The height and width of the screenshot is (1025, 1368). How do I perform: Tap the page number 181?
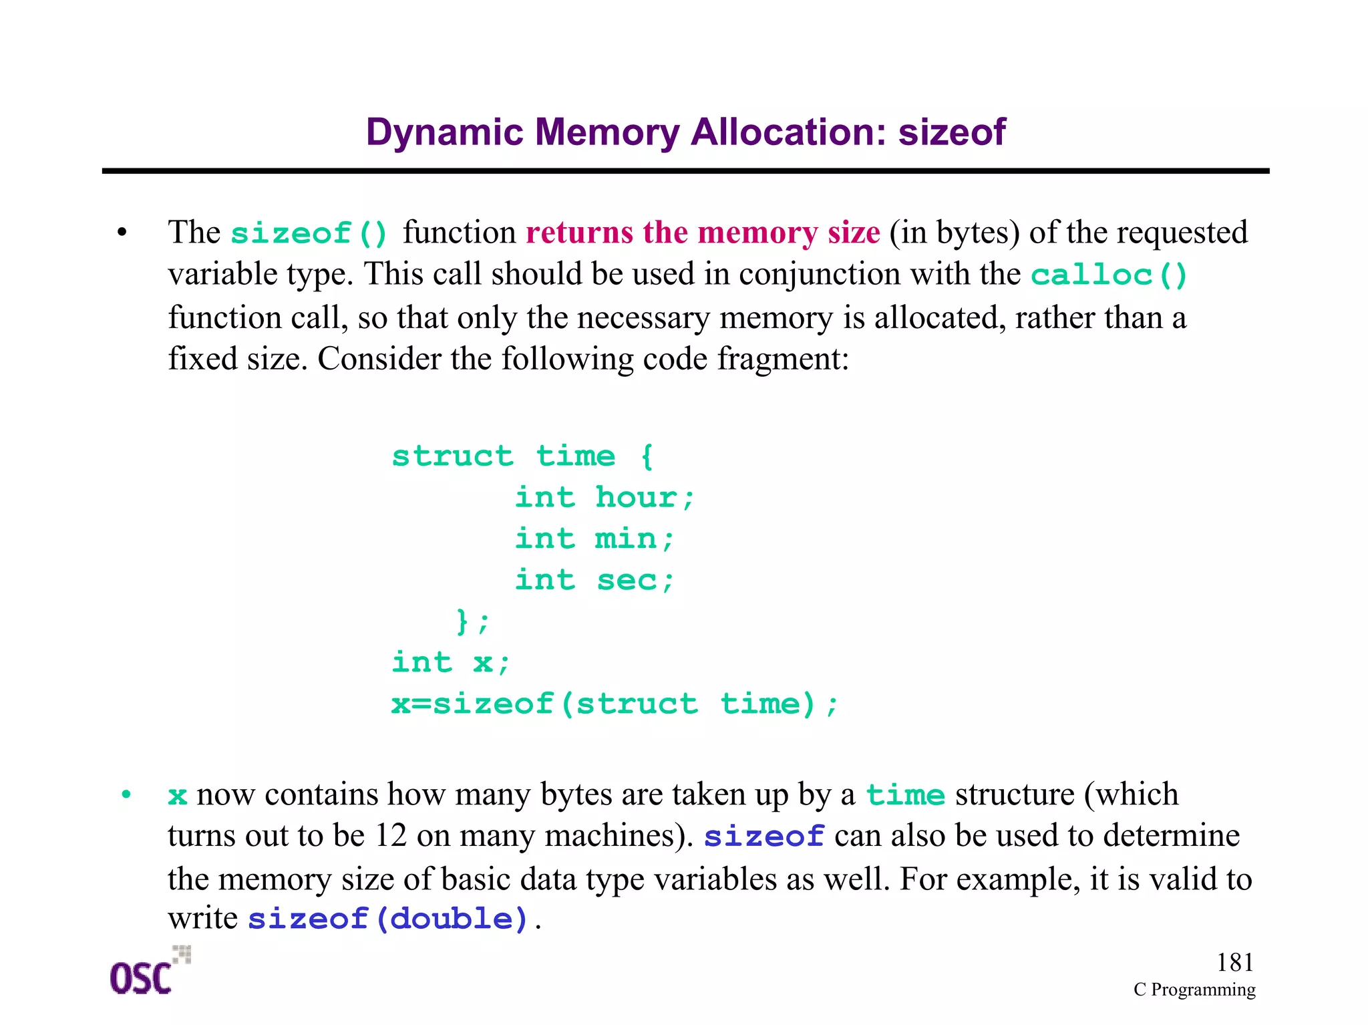coord(1234,962)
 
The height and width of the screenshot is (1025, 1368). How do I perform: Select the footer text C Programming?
coord(1194,990)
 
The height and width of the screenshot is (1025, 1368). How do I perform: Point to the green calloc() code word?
coord(1108,275)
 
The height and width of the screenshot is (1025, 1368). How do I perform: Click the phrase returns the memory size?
coord(702,233)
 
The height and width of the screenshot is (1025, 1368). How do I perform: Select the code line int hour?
coord(605,498)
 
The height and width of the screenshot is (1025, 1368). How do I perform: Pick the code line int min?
coord(594,539)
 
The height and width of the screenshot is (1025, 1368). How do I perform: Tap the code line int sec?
coord(594,580)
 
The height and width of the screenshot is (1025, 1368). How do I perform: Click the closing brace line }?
coord(473,621)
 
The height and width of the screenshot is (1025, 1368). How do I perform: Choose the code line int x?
coord(451,663)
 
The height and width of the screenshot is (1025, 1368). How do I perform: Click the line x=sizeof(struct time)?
coord(614,704)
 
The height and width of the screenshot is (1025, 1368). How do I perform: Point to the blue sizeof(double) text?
coord(388,919)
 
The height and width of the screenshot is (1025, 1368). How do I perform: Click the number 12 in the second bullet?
coord(391,835)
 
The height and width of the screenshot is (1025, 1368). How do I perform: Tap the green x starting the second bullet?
coord(177,796)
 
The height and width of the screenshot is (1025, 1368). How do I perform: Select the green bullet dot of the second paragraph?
coord(126,794)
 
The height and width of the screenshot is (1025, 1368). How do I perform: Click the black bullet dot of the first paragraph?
coord(122,233)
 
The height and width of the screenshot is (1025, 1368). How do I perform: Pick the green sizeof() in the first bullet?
coord(309,233)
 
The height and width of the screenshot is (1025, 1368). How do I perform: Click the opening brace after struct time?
coord(646,456)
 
